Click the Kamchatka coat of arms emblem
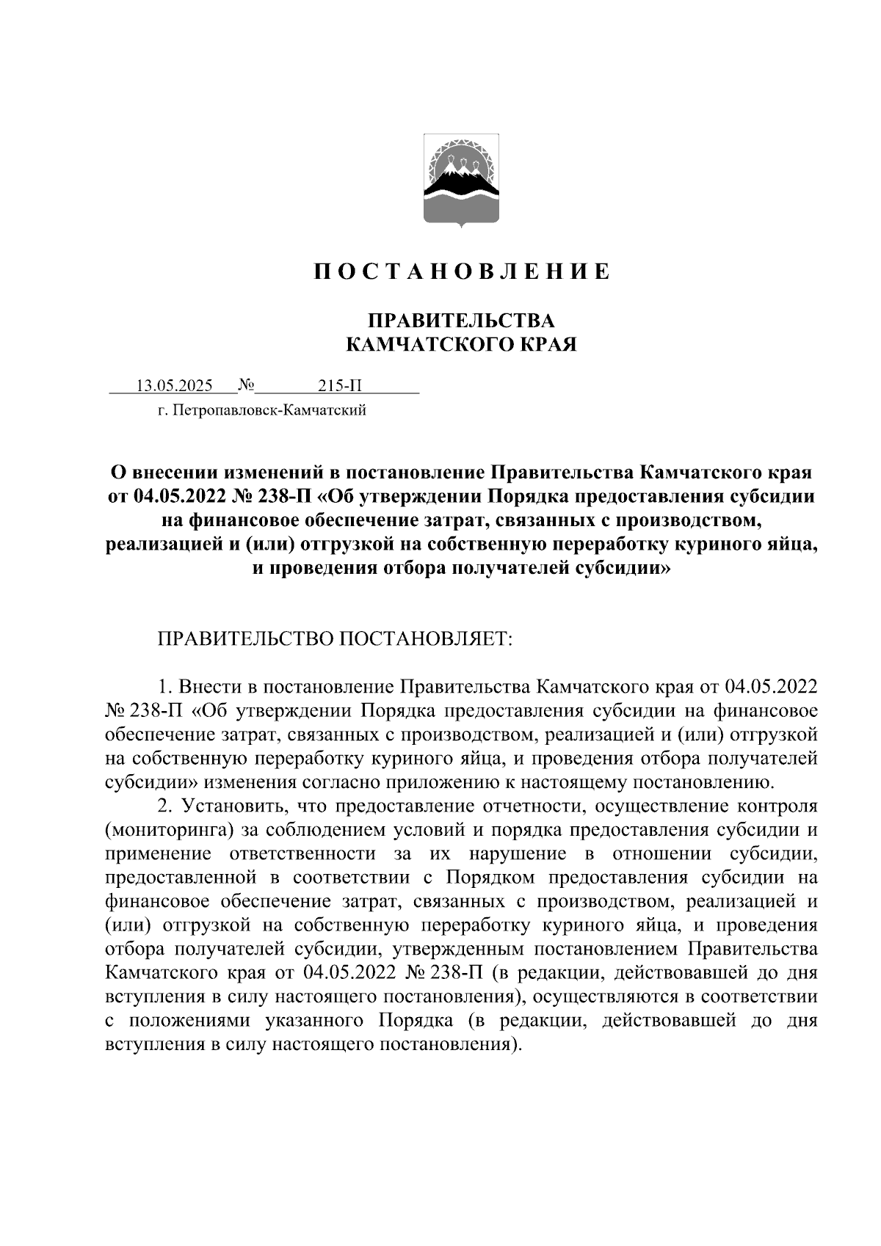[462, 181]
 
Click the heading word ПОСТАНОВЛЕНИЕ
[462, 272]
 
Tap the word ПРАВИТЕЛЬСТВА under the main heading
[461, 321]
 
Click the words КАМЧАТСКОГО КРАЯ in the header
[461, 344]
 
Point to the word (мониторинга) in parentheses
[170, 831]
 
